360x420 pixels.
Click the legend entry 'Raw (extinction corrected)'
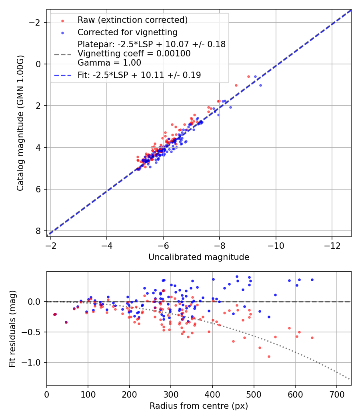[132, 20]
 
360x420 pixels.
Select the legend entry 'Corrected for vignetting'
[127, 32]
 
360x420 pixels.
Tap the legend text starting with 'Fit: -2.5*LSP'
[139, 75]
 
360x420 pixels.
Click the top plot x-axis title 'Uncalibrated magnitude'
[199, 257]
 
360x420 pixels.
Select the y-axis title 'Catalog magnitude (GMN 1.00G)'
[20, 123]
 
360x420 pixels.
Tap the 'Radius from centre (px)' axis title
[199, 406]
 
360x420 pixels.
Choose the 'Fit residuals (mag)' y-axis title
[12, 328]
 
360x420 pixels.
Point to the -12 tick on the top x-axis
[332, 245]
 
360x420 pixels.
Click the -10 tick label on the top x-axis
[275, 245]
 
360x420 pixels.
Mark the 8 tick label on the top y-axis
[38, 231]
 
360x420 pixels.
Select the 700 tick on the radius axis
[336, 394]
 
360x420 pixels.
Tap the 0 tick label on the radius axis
[47, 394]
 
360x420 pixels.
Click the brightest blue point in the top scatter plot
[260, 85]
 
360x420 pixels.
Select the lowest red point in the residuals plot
[269, 356]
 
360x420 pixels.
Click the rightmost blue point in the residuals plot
[312, 280]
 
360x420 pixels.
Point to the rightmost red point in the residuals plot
[312, 338]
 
